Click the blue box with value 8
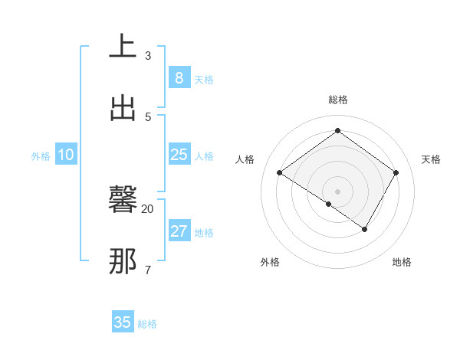[x=179, y=77]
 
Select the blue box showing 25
[x=179, y=155]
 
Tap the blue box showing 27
[x=179, y=231]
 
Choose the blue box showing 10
[x=66, y=155]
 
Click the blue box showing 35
[x=123, y=322]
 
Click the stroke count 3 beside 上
[x=148, y=55]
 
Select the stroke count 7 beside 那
[x=148, y=270]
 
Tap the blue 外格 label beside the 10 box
[x=41, y=155]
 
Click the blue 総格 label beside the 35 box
[x=147, y=324]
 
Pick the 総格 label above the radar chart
[x=338, y=100]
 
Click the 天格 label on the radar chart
[x=431, y=159]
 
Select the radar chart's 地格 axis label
[x=402, y=262]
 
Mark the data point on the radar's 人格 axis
[x=280, y=173]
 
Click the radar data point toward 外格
[x=328, y=204]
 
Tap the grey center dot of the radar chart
[x=338, y=191]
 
